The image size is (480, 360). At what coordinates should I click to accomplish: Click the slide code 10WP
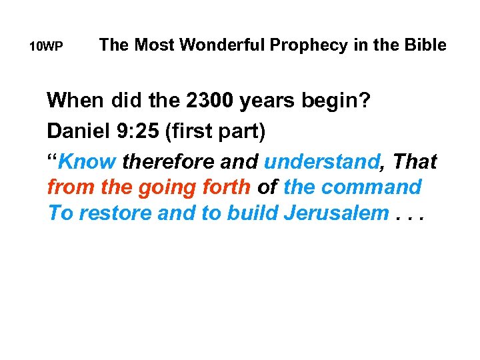47,47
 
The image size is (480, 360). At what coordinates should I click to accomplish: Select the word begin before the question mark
334,102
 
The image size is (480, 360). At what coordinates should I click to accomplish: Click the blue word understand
323,161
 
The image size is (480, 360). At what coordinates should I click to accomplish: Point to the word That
413,161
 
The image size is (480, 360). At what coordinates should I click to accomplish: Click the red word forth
224,187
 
